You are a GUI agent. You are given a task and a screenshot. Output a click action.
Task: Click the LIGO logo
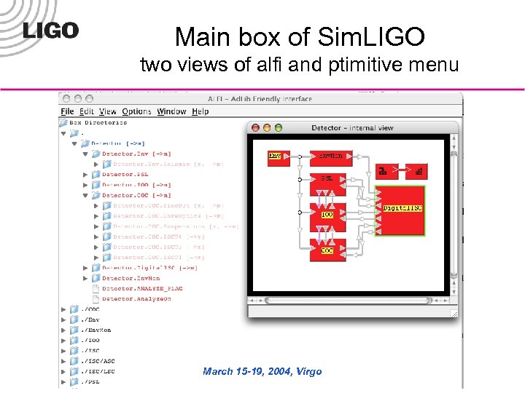point(50,31)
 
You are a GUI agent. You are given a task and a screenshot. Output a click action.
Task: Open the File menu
point(68,111)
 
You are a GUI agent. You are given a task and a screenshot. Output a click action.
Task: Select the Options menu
point(136,111)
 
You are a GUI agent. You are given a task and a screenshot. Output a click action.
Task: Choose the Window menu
point(171,111)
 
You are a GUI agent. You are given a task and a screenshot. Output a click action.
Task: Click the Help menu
point(201,111)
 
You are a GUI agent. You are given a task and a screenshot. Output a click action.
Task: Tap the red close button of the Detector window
point(255,128)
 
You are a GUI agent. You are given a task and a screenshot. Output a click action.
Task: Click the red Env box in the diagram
point(275,155)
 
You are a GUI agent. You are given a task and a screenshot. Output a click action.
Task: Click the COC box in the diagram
point(328,250)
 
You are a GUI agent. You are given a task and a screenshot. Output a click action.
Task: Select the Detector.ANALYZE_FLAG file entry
point(141,288)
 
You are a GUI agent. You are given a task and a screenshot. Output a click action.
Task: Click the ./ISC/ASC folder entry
point(98,360)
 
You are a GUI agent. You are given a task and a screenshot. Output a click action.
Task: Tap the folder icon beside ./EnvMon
point(74,329)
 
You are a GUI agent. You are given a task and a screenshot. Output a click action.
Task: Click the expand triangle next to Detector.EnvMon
point(85,278)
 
